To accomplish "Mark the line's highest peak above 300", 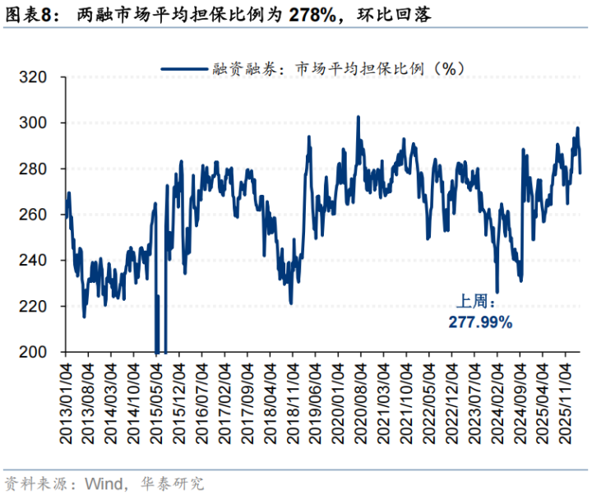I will [358, 117].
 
